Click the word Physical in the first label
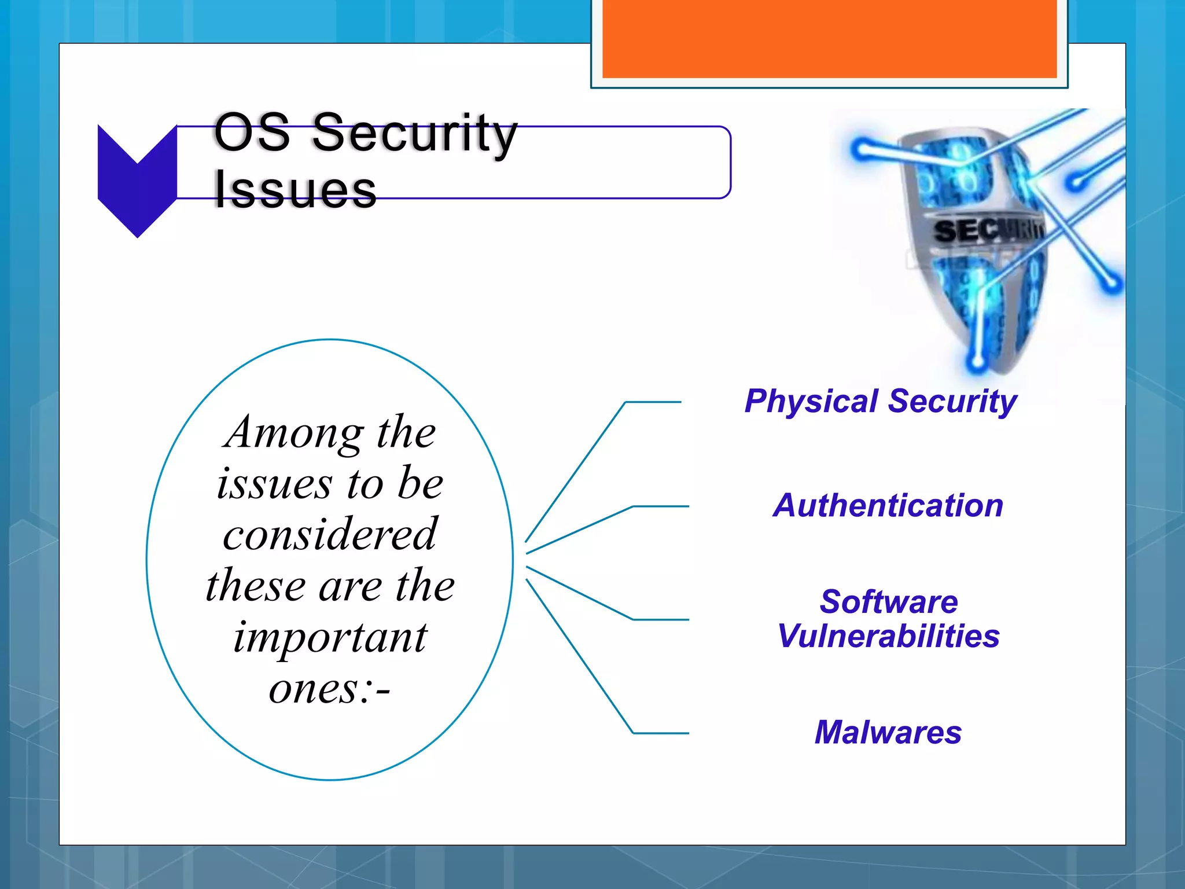[x=811, y=402]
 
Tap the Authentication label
[x=888, y=506]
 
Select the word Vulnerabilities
[x=889, y=637]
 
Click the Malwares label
[x=888, y=733]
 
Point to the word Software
[x=889, y=602]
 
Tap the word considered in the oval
[x=330, y=534]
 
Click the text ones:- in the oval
[x=330, y=689]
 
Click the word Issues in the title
[x=295, y=190]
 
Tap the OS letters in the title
[x=252, y=133]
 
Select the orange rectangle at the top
[x=829, y=38]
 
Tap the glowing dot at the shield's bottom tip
[x=977, y=363]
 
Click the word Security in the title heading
[x=414, y=133]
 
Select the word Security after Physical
[x=952, y=402]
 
